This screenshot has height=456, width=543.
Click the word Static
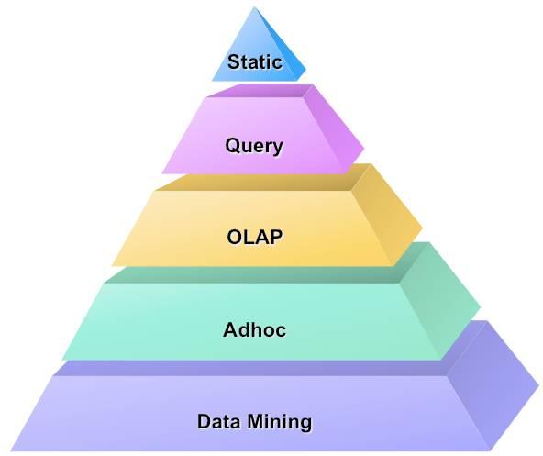coord(255,62)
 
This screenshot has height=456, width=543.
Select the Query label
coord(254,146)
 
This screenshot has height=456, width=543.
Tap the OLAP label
coord(255,238)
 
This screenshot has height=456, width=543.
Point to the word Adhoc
coord(255,329)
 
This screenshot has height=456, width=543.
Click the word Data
coord(219,421)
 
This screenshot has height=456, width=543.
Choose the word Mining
coord(280,421)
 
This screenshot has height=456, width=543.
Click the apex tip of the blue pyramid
coord(255,7)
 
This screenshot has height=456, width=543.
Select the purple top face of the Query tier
coord(263,91)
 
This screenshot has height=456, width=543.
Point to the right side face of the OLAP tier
coord(386,215)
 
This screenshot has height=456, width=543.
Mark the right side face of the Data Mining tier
coord(492,384)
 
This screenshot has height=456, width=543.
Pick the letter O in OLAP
coord(235,238)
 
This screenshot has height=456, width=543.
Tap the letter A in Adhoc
coord(231,329)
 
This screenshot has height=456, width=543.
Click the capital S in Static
coord(234,62)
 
